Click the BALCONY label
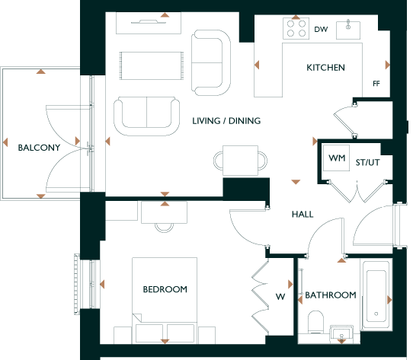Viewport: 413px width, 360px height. pos(39,148)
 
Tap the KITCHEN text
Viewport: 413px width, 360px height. pos(325,68)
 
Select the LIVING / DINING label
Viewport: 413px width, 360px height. pos(226,121)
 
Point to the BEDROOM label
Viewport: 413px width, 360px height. pos(165,289)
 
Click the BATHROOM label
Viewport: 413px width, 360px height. pos(331,295)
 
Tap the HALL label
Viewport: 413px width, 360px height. pos(303,215)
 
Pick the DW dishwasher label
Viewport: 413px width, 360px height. pos(321,29)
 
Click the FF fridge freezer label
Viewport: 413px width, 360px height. pos(376,84)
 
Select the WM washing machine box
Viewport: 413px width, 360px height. pos(337,158)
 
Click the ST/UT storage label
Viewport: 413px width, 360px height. pos(368,163)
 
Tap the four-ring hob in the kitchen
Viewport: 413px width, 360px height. pos(296,28)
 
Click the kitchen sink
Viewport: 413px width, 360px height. pos(348,30)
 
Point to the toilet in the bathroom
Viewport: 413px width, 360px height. pos(315,323)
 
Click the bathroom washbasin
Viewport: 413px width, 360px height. pos(341,332)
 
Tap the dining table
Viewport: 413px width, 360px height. pos(240,161)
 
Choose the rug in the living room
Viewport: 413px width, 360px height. pos(152,65)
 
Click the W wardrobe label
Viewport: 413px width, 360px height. pos(280,297)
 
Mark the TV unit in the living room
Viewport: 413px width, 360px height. pos(149,23)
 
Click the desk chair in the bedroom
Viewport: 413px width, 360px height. pos(164,228)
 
